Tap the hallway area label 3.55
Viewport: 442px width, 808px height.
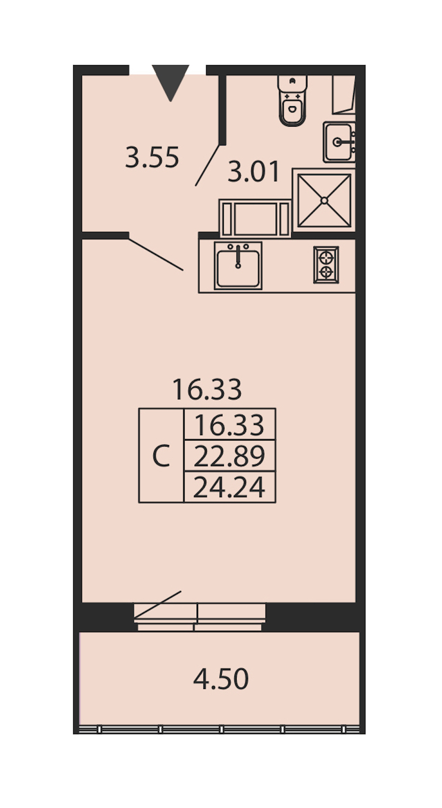pos(152,158)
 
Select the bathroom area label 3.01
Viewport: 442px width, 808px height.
pos(254,172)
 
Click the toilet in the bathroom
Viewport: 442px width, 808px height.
pos(292,100)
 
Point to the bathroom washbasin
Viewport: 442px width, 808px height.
pos(339,142)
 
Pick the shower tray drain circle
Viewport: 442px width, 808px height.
pos(324,200)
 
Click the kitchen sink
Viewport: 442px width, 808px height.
pos(238,265)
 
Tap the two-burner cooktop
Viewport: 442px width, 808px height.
pos(326,265)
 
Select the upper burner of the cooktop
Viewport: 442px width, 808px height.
pos(326,257)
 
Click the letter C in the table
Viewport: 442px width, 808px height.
pos(161,456)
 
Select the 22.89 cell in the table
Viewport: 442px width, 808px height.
pos(229,456)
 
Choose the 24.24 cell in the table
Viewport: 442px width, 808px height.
pos(229,487)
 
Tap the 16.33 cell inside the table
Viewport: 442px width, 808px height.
pos(229,424)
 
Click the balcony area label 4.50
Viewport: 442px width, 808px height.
pos(221,679)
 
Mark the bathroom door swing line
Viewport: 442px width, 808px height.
pos(207,166)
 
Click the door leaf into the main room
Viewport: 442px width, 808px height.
pos(156,254)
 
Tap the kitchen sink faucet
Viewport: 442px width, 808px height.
pos(238,256)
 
